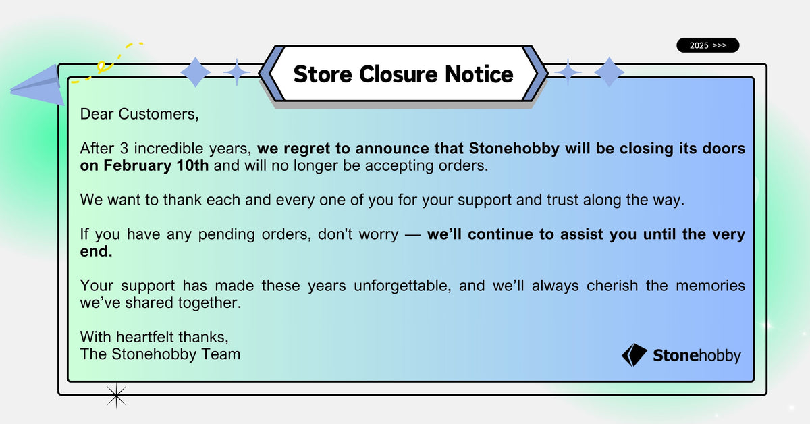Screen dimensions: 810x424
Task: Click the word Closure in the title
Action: pyautogui.click(x=398, y=74)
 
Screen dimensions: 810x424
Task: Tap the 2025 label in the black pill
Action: pyautogui.click(x=699, y=46)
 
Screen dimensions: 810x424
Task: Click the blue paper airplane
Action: pyautogui.click(x=37, y=85)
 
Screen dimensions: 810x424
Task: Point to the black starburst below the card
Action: pyautogui.click(x=116, y=396)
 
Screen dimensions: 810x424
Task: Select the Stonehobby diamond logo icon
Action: pyautogui.click(x=634, y=355)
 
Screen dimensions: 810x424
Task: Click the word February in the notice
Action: pyautogui.click(x=138, y=165)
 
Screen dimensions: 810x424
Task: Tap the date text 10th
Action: pyautogui.click(x=192, y=165)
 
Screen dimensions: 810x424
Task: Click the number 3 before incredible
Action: pyautogui.click(x=124, y=149)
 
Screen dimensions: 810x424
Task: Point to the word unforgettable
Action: pyautogui.click(x=402, y=286)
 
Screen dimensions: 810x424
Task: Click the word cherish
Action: pyautogui.click(x=612, y=286)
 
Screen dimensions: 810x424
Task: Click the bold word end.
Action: pyautogui.click(x=96, y=251)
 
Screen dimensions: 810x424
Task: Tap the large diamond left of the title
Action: pyautogui.click(x=195, y=72)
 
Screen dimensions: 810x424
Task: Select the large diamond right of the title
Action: pyautogui.click(x=610, y=72)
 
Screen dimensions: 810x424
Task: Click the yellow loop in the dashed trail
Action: pyautogui.click(x=102, y=66)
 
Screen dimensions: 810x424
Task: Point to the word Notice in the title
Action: pyautogui.click(x=479, y=74)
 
